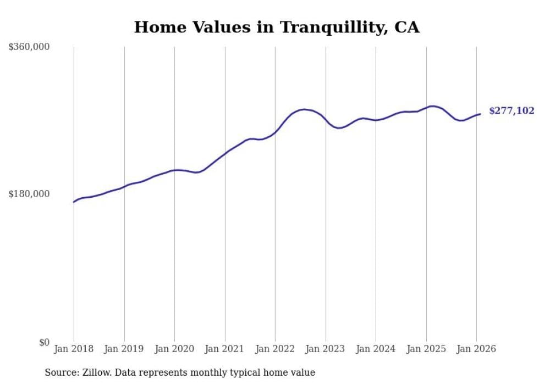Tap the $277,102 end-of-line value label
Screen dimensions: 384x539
pos(512,111)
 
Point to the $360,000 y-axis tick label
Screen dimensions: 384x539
pos(29,47)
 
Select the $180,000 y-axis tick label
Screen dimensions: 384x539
pos(29,194)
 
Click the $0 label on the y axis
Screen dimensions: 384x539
pos(44,342)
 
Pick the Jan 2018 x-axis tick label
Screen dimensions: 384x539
pos(74,349)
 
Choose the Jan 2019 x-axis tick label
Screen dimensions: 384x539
pos(124,349)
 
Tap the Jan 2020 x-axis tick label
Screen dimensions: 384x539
pos(174,349)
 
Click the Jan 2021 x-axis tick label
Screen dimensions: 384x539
pos(225,349)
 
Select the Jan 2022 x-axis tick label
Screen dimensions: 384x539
pos(275,349)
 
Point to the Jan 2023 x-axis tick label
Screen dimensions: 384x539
pos(326,349)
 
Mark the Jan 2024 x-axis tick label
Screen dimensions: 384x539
pos(376,349)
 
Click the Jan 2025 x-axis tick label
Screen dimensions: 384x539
pos(426,349)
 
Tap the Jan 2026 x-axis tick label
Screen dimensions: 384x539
pos(476,349)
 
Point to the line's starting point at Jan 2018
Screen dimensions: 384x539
pos(74,202)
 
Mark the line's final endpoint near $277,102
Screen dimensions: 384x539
pos(480,114)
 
